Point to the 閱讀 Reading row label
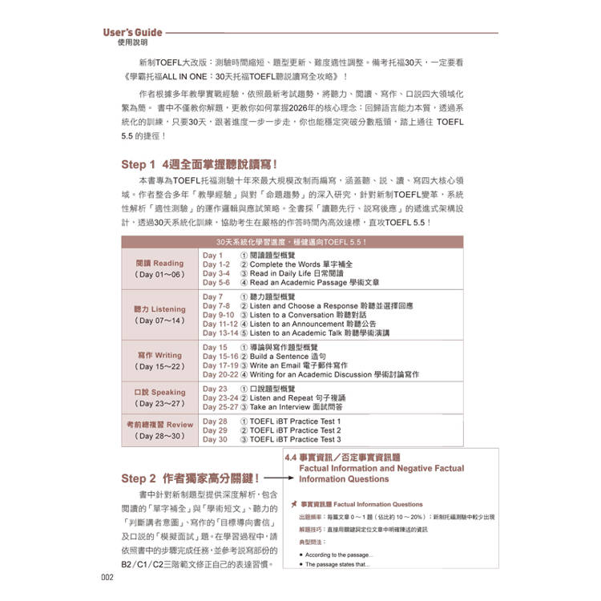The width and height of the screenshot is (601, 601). point(159,263)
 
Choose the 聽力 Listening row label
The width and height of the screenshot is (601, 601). point(159,309)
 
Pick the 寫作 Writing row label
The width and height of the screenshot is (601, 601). point(159,355)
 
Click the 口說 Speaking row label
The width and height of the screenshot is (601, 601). point(159,393)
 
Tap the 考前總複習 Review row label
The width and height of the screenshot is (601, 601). point(159,425)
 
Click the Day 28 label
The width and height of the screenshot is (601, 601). point(215,422)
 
